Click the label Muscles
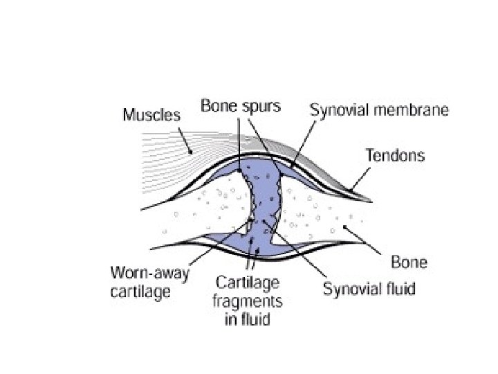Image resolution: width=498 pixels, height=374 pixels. point(151,114)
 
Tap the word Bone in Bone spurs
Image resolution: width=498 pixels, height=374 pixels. point(216,107)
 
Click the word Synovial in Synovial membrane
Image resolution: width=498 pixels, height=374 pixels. point(338,110)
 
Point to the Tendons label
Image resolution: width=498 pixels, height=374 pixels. point(395,155)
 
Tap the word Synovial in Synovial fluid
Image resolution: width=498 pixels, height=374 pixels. point(351,288)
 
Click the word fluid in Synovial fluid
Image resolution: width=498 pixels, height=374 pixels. point(398,288)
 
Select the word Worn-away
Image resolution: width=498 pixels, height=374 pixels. point(145,273)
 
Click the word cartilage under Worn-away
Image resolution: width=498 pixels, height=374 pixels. point(140,292)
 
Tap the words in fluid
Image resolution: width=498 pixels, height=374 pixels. point(248,320)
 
